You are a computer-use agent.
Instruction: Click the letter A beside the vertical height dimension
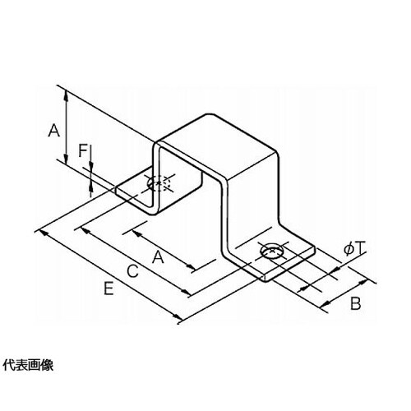pos(54,130)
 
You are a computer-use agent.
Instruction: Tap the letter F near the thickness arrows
pos(82,150)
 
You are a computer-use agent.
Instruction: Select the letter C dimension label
pos(132,271)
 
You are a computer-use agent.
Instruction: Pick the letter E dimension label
pos(109,289)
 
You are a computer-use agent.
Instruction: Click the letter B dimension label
pos(356,303)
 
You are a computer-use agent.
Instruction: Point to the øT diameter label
pos(355,250)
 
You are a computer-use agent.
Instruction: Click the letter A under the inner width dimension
pos(158,257)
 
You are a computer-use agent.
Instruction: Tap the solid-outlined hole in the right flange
pos(272,251)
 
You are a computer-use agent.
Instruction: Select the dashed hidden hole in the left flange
pos(159,182)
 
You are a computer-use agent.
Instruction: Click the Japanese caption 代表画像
pos(28,366)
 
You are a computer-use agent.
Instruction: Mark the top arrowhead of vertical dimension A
pos(66,95)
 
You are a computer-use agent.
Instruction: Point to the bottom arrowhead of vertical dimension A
pos(66,159)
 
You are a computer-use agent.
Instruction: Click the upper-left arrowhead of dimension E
pos(44,234)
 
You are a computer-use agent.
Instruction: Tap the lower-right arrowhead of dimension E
pos(178,317)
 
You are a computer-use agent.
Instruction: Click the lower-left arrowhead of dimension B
pos(326,303)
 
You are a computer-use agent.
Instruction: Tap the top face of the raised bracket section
pos(216,145)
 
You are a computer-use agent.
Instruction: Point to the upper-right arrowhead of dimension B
pos(363,282)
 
